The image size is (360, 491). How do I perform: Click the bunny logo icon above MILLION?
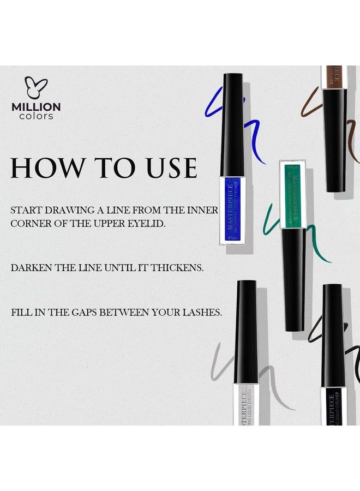pos(36,88)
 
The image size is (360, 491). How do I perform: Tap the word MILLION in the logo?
pos(36,107)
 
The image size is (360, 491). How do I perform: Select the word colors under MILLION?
pos(36,116)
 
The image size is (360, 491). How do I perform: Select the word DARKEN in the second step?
pos(31,268)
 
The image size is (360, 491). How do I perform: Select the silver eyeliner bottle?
pos(245,404)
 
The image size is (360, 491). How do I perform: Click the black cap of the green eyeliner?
pos(293,278)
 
